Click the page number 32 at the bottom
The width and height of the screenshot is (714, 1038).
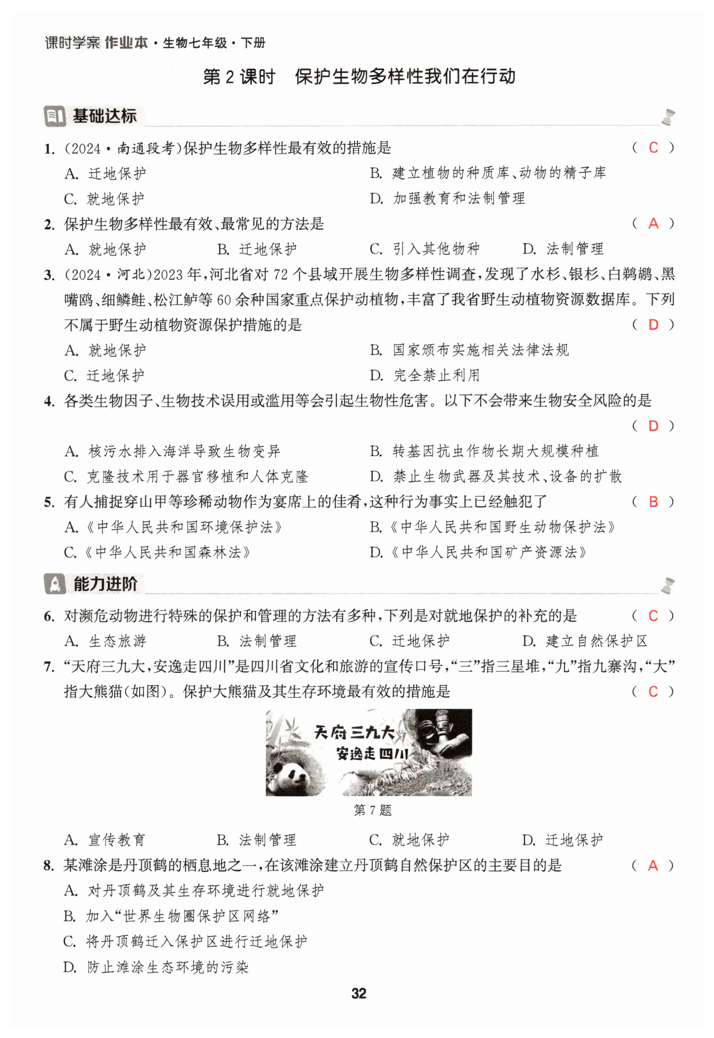pyautogui.click(x=359, y=993)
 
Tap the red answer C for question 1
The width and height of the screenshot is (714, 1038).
pyautogui.click(x=653, y=148)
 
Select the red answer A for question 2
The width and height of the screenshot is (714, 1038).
pyautogui.click(x=653, y=223)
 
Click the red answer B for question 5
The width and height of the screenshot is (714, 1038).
pyautogui.click(x=653, y=502)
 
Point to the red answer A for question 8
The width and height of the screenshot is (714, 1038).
pyautogui.click(x=653, y=866)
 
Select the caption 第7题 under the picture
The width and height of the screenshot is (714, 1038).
pyautogui.click(x=372, y=810)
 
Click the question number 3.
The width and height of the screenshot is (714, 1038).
pyautogui.click(x=49, y=275)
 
